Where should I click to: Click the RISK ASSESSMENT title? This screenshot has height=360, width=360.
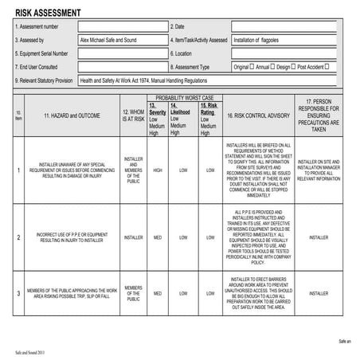pos(48,11)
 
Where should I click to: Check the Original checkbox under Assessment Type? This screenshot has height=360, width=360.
pos(253,67)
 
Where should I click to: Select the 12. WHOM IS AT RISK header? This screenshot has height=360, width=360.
pos(133,115)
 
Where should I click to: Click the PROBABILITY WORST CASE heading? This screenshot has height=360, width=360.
pos(184,96)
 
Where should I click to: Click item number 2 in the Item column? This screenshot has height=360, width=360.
pos(18,237)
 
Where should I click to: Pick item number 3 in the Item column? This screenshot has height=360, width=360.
pos(18,293)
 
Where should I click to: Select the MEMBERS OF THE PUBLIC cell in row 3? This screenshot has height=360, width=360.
pos(133,293)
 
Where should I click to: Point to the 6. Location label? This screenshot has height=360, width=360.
pos(182,53)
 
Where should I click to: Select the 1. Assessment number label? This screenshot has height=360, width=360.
pos(40,25)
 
